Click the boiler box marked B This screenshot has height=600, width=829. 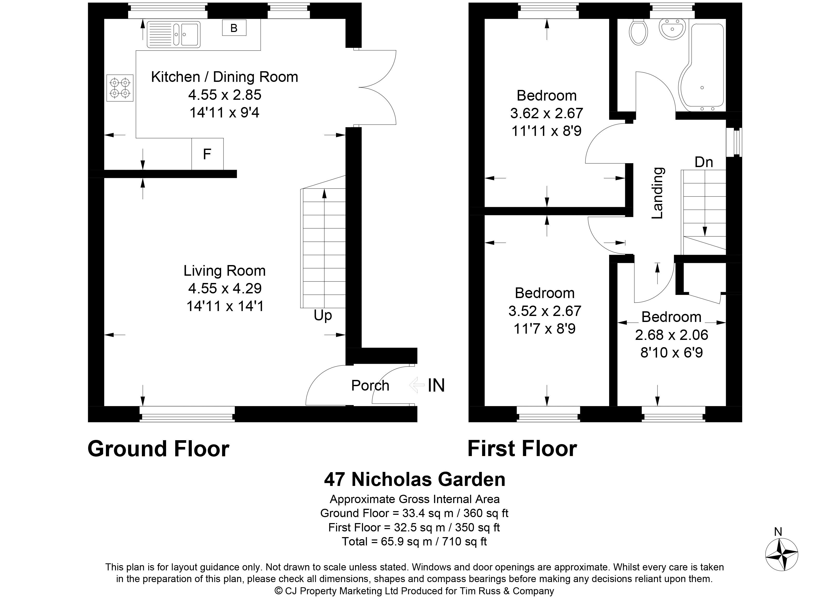tap(234, 28)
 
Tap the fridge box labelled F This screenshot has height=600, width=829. tap(207, 154)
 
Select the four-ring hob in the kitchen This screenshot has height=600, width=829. tap(120, 88)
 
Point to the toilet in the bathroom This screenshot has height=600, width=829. tap(639, 32)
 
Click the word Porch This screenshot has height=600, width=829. tap(370, 386)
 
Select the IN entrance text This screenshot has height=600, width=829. tap(436, 386)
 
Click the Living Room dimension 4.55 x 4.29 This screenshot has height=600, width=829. tap(225, 288)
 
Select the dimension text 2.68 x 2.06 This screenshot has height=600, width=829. tap(672, 335)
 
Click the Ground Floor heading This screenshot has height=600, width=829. tap(158, 449)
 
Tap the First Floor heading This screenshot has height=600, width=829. tap(522, 449)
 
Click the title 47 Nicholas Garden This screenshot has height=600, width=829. tap(414, 479)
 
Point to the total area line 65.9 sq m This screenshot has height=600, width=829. tap(414, 541)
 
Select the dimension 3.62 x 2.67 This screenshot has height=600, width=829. tap(547, 113)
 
